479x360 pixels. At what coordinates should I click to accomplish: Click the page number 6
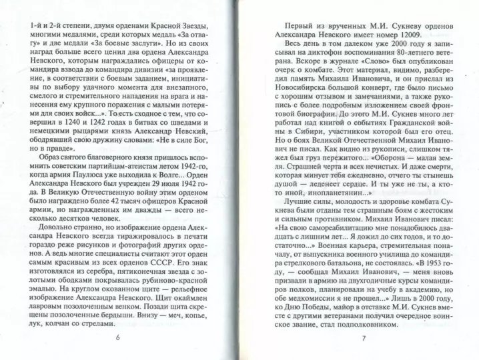click(x=117, y=337)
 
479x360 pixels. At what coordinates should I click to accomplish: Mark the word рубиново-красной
click(x=159, y=285)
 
